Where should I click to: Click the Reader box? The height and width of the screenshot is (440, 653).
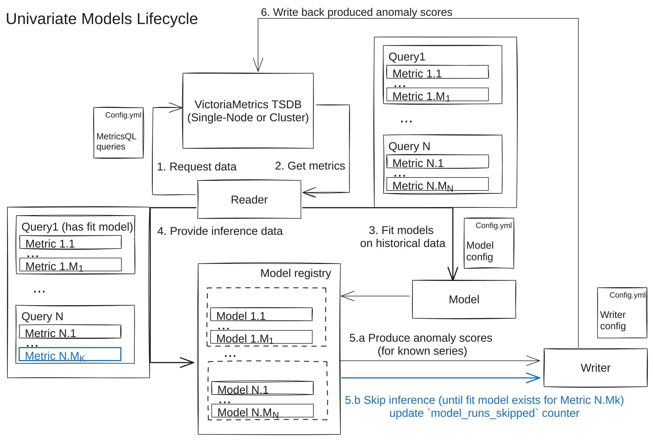click(x=249, y=200)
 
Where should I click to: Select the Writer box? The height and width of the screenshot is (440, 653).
click(x=595, y=368)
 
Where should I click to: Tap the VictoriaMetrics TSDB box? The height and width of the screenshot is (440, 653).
click(x=248, y=111)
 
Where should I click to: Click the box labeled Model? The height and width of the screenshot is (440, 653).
click(x=464, y=299)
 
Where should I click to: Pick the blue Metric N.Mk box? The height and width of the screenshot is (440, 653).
click(x=70, y=354)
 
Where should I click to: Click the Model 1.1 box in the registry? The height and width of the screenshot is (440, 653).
click(x=261, y=315)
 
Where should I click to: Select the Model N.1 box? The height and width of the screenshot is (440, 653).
click(x=262, y=388)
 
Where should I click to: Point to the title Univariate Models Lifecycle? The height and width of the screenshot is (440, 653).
click(x=102, y=19)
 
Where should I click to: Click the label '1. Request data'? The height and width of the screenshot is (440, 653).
click(x=196, y=166)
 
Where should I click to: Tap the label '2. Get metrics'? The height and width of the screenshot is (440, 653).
click(x=310, y=166)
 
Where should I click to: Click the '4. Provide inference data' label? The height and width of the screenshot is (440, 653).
click(x=220, y=231)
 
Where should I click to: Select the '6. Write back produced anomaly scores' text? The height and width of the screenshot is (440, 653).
click(x=356, y=12)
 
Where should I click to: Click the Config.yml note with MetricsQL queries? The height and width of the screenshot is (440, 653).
click(x=119, y=133)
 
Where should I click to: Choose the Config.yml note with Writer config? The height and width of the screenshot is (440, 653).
click(x=622, y=313)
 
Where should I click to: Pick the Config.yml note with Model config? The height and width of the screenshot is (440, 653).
click(x=489, y=243)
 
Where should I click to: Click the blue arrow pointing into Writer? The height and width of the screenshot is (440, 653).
click(x=440, y=378)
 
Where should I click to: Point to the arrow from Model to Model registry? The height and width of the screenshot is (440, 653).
click(x=375, y=296)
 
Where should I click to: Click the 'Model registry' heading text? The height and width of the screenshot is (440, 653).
click(x=296, y=273)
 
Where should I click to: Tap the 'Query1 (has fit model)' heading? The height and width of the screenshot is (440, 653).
click(x=77, y=227)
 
